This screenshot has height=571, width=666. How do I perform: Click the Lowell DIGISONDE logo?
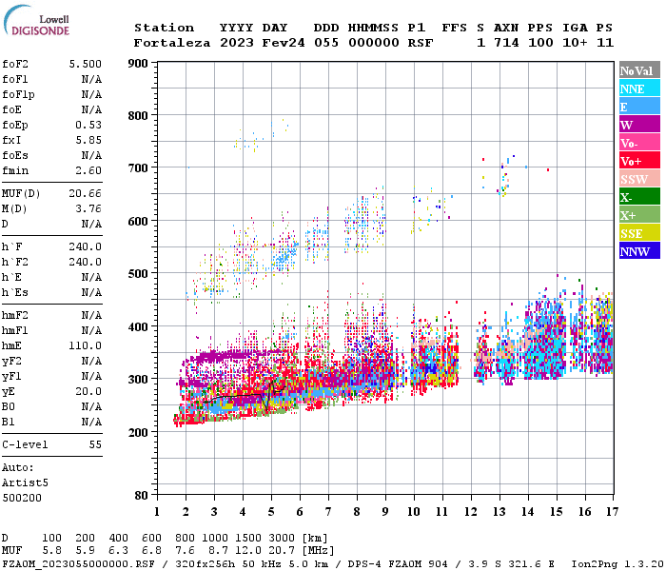pyautogui.click(x=36, y=24)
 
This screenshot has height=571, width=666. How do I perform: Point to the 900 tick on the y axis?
pyautogui.click(x=139, y=63)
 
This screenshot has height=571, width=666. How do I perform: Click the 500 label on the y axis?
pyautogui.click(x=139, y=274)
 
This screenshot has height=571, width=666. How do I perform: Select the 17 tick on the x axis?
pyautogui.click(x=609, y=512)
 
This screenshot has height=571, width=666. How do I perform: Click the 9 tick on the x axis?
pyautogui.click(x=385, y=512)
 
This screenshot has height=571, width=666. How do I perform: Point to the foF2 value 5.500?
pyautogui.click(x=86, y=63)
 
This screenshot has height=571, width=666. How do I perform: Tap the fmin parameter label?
pyautogui.click(x=15, y=170)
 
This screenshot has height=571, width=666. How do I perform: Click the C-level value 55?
pyautogui.click(x=95, y=444)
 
